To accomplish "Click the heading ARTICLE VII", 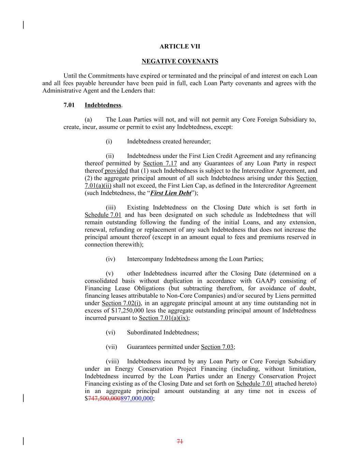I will click(180, 46).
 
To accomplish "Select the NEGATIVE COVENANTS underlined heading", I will click(180, 61).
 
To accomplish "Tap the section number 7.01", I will click(69, 105).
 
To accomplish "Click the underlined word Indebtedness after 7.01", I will click(103, 105).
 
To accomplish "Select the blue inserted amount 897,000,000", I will click(136, 398).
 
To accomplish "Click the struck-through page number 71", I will click(180, 441).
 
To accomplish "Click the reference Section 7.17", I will click(160, 164).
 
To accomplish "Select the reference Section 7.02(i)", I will click(121, 303).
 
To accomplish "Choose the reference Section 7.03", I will click(217, 347).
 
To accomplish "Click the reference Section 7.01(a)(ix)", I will click(164, 318).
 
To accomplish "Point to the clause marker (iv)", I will click(111, 259).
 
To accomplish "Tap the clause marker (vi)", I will click(111, 333).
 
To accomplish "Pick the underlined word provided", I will click(116, 171).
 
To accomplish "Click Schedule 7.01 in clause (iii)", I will click(103, 215).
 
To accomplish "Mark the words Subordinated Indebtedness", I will click(162, 333).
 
